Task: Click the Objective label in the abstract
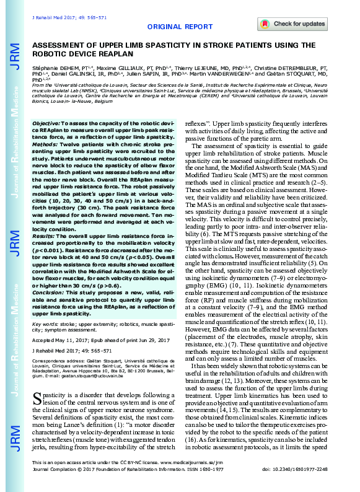tap(46, 124)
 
